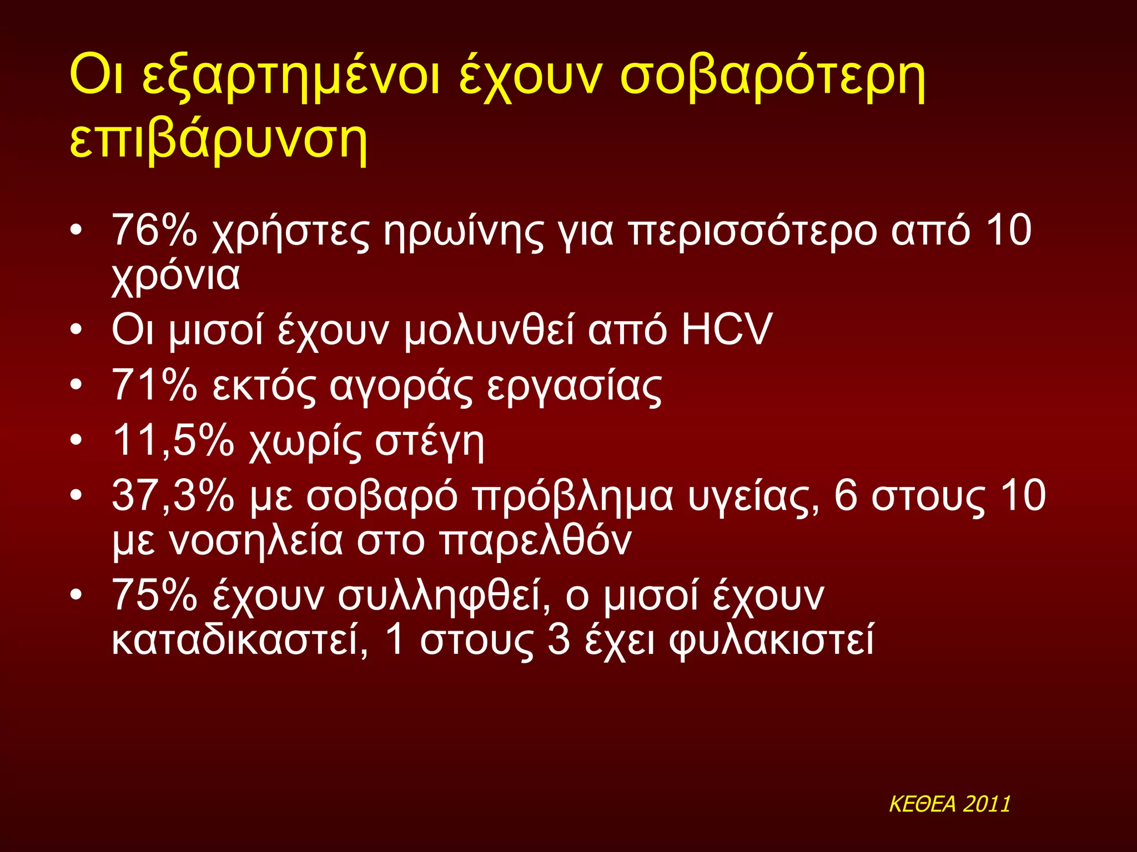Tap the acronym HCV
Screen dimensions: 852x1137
point(727,329)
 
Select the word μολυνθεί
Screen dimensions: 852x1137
point(489,331)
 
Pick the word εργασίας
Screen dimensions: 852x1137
point(574,387)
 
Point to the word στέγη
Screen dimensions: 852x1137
point(429,442)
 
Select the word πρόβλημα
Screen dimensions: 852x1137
point(572,497)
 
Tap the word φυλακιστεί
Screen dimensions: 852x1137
point(772,641)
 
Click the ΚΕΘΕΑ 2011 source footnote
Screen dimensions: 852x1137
point(949,804)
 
